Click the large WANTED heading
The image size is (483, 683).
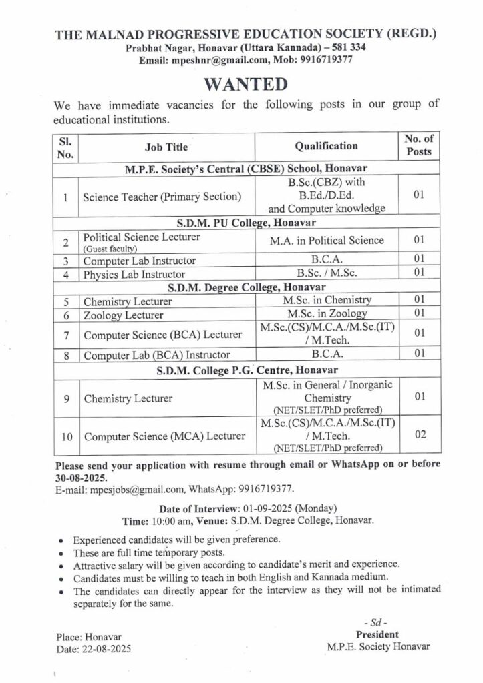click(245, 85)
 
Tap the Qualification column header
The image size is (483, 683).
click(326, 146)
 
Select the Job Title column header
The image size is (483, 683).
click(166, 147)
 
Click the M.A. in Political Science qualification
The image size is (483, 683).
click(327, 240)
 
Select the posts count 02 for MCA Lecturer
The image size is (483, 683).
click(420, 434)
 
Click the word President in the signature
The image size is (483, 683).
click(377, 634)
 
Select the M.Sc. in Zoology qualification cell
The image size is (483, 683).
click(327, 313)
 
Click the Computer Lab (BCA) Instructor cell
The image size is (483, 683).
click(156, 355)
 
